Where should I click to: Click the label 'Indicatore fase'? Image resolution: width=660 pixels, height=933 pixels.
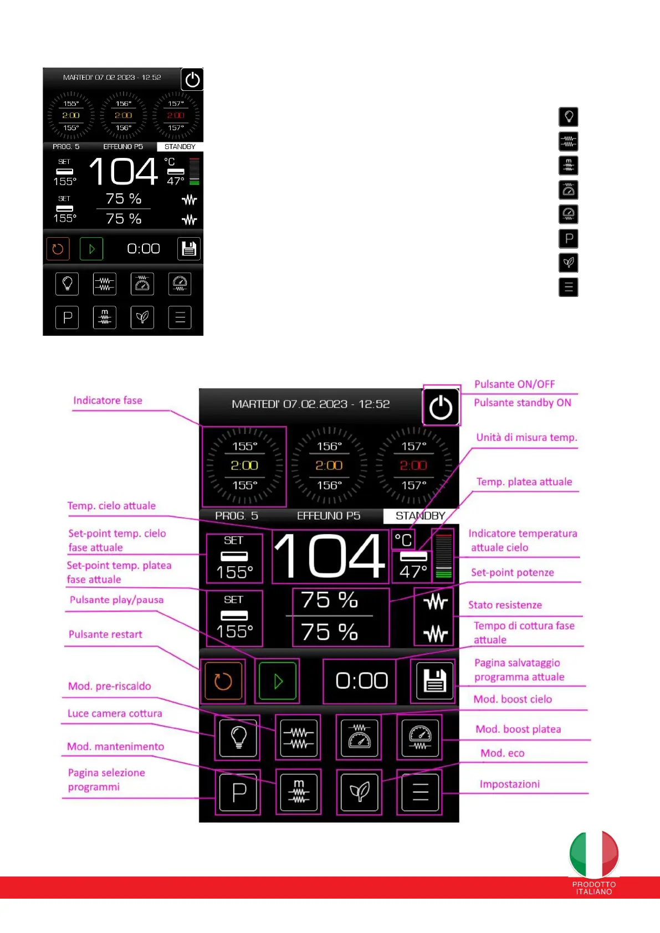pyautogui.click(x=108, y=401)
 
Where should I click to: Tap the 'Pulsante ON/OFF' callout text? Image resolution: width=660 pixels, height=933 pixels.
pyautogui.click(x=514, y=385)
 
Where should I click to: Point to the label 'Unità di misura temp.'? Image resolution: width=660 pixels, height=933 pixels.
pyautogui.click(x=526, y=438)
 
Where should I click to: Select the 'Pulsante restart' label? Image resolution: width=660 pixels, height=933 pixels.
pyautogui.click(x=105, y=634)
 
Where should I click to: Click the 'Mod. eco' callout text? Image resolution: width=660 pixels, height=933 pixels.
pyautogui.click(x=502, y=753)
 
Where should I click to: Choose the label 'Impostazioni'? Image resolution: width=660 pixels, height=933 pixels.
pyautogui.click(x=509, y=784)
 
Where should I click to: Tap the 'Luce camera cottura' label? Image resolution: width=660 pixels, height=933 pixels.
pyautogui.click(x=115, y=714)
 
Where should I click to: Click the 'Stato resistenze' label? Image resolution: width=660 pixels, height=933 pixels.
pyautogui.click(x=505, y=605)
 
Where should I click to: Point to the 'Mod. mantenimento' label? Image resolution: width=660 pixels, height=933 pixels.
pyautogui.click(x=115, y=747)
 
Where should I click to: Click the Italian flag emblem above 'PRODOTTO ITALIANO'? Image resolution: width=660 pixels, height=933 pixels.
pyautogui.click(x=594, y=854)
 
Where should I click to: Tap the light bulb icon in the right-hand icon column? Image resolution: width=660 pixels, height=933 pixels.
pyautogui.click(x=569, y=117)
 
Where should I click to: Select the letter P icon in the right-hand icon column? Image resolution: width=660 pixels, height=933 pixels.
pyautogui.click(x=569, y=239)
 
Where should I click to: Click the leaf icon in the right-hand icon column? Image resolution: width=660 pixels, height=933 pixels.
pyautogui.click(x=569, y=263)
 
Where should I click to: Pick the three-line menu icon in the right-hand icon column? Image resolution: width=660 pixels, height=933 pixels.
pyautogui.click(x=569, y=287)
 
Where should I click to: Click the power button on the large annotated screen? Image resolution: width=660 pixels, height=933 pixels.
pyautogui.click(x=441, y=408)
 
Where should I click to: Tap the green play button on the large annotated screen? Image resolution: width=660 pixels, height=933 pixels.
pyautogui.click(x=278, y=681)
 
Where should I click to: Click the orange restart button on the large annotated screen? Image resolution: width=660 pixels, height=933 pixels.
pyautogui.click(x=223, y=681)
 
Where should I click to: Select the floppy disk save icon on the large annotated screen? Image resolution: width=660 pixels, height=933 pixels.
pyautogui.click(x=434, y=680)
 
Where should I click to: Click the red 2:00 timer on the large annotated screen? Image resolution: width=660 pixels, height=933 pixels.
pyautogui.click(x=413, y=465)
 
